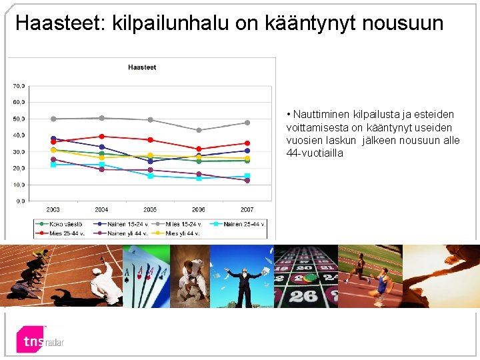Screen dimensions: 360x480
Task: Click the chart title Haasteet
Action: click(x=142, y=67)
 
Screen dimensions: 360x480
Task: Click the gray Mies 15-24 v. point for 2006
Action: click(x=199, y=130)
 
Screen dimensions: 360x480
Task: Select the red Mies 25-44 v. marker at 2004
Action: click(x=102, y=137)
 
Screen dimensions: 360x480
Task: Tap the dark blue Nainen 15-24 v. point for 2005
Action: click(x=150, y=161)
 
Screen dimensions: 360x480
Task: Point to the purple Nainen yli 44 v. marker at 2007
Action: click(x=247, y=181)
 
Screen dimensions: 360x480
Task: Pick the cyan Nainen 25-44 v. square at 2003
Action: click(x=53, y=164)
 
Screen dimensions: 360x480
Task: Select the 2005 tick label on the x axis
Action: click(x=150, y=209)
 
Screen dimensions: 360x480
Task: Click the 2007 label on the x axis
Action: click(x=247, y=209)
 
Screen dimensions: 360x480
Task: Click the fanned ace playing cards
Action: click(x=147, y=273)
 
